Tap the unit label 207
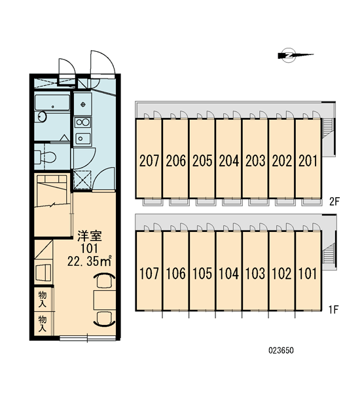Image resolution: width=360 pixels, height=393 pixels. pos(149,161)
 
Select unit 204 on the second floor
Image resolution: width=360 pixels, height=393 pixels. pos(229,159)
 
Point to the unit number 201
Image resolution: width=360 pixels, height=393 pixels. pos(308,161)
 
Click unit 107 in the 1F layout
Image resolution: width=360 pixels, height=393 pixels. pos(149,271)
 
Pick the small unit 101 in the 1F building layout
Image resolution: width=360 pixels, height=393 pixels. pos(308,271)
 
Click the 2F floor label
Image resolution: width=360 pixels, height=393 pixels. pos(334,201)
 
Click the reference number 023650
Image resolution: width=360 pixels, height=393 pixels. pos(281,350)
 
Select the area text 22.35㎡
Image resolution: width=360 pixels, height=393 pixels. pos(89,261)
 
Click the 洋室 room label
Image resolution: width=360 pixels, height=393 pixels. pos(90,236)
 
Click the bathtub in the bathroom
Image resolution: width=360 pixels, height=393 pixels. pos(52,102)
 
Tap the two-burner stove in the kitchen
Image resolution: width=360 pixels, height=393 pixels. pos(83,123)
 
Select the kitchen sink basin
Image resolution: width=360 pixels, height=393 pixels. pos(83,138)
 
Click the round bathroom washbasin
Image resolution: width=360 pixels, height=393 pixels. pos(42,117)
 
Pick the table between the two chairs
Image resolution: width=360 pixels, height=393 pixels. pos(105,300)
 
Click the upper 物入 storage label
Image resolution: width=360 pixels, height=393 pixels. pos(43,299)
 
